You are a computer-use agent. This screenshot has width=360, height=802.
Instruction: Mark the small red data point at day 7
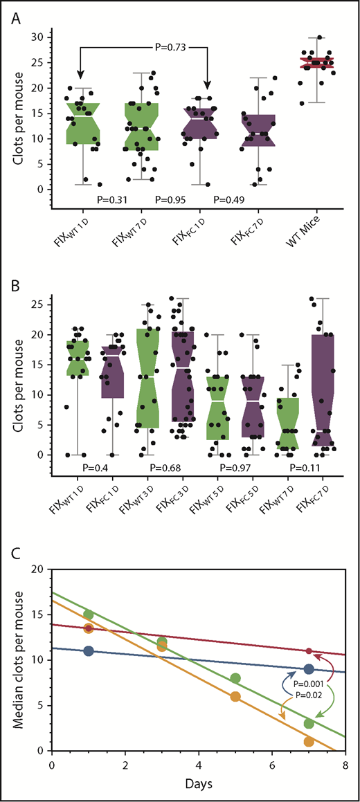click(x=309, y=651)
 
